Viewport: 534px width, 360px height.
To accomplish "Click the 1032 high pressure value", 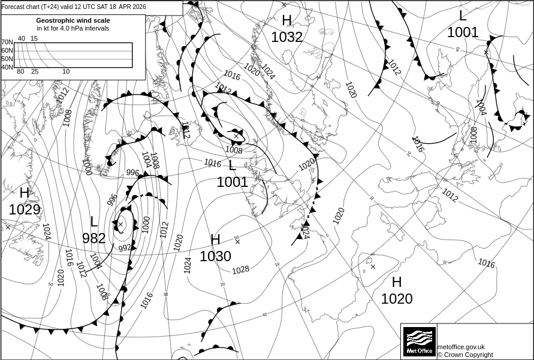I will pos(286,37).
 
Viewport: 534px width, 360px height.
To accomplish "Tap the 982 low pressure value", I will pos(94,238).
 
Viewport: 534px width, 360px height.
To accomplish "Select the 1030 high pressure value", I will pos(215,256).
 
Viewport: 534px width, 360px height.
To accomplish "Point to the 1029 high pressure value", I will pos(25,210).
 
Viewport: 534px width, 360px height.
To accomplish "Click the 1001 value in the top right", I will pos(463,32).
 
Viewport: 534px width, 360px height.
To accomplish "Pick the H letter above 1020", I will pos(397,282).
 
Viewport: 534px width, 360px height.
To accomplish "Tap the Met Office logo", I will pos(419,341).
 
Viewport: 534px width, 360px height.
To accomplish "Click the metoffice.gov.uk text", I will pos(461,347).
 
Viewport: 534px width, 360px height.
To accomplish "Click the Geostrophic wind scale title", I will pos(73,20).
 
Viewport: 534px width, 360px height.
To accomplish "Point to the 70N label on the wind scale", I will pos(7,43).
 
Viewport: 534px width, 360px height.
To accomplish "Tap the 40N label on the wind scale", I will pos(7,67).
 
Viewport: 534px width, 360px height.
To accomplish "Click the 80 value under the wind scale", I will pos(20,72).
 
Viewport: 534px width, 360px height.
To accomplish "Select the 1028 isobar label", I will pos(240,270).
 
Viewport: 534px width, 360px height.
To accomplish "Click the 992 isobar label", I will pos(124,247).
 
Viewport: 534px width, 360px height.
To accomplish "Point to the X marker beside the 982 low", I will pos(120,225).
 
